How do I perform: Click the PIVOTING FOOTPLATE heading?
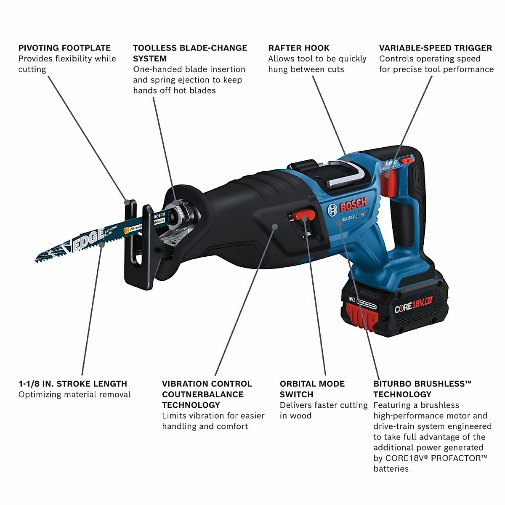[64, 48]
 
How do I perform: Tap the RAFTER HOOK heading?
[299, 48]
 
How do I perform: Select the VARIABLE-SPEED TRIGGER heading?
[435, 48]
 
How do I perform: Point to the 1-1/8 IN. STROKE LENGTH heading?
[73, 384]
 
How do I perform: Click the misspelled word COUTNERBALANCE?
[202, 394]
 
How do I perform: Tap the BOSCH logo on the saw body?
[353, 206]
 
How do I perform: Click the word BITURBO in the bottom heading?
[391, 384]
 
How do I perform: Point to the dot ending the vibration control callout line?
[275, 226]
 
